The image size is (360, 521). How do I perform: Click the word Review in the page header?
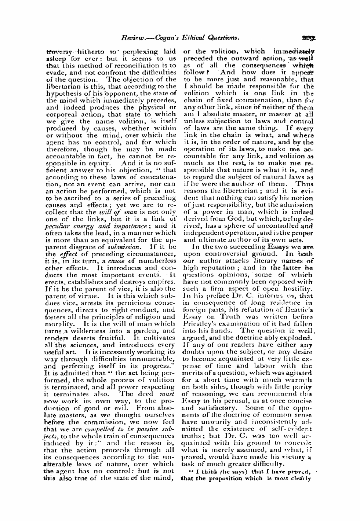(133, 37)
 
